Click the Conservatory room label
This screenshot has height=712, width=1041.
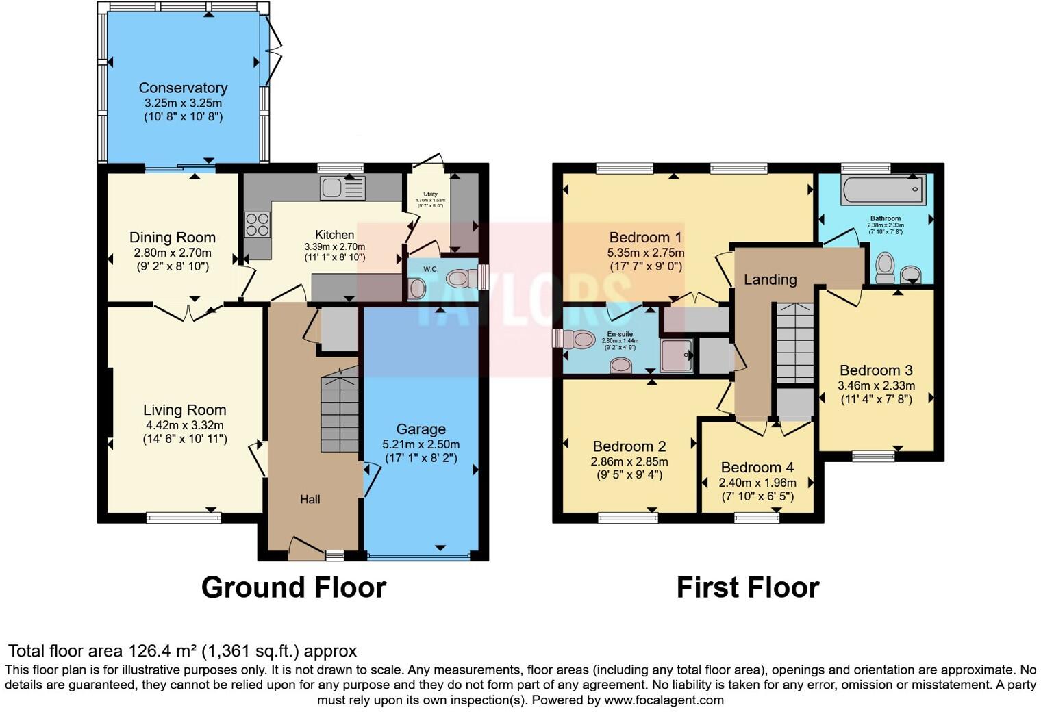[x=183, y=88]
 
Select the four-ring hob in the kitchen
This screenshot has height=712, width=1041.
[x=258, y=225]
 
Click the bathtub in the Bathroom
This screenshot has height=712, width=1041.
[x=883, y=188]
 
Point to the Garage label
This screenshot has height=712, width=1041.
[x=421, y=429]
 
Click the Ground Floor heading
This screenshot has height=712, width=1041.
[x=294, y=587]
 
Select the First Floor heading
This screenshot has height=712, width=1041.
[x=747, y=587]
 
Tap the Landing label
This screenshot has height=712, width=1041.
[x=770, y=279]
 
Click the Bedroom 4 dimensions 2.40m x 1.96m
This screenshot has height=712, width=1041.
[x=757, y=483]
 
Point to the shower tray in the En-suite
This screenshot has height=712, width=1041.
[x=676, y=356]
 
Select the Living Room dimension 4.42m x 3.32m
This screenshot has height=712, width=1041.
[x=184, y=425]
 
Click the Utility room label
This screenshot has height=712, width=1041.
[x=430, y=194]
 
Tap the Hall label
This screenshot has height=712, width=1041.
[x=310, y=499]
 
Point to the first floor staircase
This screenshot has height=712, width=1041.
[x=794, y=342]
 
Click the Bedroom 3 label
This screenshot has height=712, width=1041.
[x=876, y=370]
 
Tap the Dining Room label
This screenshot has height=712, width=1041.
[x=173, y=238]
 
